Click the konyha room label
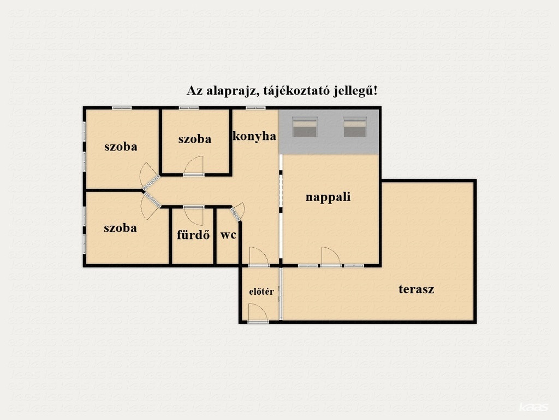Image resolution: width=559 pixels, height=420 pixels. tap(254, 136)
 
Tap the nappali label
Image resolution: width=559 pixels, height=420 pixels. tap(328, 197)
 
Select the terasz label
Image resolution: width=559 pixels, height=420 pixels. tap(417, 289)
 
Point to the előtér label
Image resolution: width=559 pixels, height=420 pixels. tap(261, 291)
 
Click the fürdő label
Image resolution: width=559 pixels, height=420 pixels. tap(193, 235)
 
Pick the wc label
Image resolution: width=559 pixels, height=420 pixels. tap(228, 235)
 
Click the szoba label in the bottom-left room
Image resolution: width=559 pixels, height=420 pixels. tap(120, 228)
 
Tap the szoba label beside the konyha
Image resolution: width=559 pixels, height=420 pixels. tap(195, 139)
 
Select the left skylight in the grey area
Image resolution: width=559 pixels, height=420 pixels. tap(305, 127)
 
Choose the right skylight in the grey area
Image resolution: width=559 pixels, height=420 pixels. tap(355, 127)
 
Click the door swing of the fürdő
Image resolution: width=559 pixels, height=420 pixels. tap(194, 215)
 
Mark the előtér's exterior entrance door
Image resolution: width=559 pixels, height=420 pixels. tap(258, 312)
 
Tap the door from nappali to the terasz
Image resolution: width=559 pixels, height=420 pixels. tap(331, 256)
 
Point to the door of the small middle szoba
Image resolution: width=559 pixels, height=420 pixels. tap(194, 166)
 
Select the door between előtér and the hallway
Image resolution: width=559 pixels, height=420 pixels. tap(259, 256)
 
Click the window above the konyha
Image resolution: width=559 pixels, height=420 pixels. tap(255, 108)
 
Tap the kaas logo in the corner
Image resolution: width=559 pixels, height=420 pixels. tap(533, 407)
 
